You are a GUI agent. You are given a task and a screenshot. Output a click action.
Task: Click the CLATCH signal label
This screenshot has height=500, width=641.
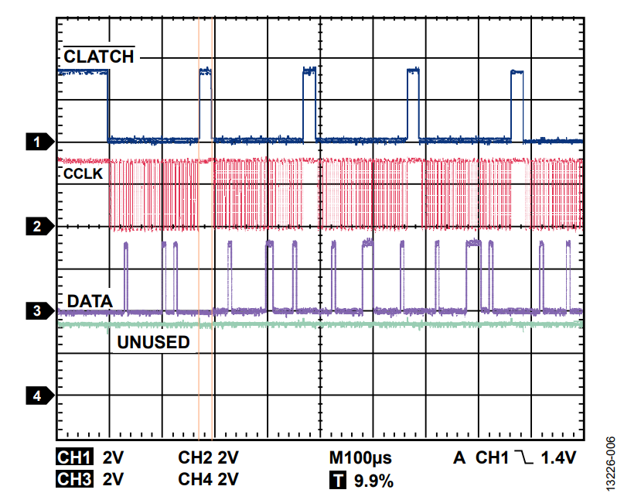click(x=99, y=57)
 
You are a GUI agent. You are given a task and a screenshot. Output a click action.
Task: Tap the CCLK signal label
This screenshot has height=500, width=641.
click(x=83, y=175)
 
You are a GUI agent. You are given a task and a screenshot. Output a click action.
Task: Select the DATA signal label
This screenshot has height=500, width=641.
click(x=90, y=300)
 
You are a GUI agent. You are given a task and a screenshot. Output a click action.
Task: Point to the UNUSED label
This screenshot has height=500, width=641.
click(x=153, y=341)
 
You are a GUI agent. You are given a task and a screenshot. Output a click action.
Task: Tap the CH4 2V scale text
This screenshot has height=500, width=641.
click(x=208, y=480)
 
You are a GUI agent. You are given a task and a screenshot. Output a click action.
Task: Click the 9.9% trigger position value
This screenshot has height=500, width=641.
click(x=374, y=481)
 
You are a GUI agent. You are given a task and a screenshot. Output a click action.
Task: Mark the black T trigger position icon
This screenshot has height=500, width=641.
click(x=338, y=481)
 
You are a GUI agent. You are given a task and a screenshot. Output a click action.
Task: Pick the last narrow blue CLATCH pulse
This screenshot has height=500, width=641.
click(x=517, y=105)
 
